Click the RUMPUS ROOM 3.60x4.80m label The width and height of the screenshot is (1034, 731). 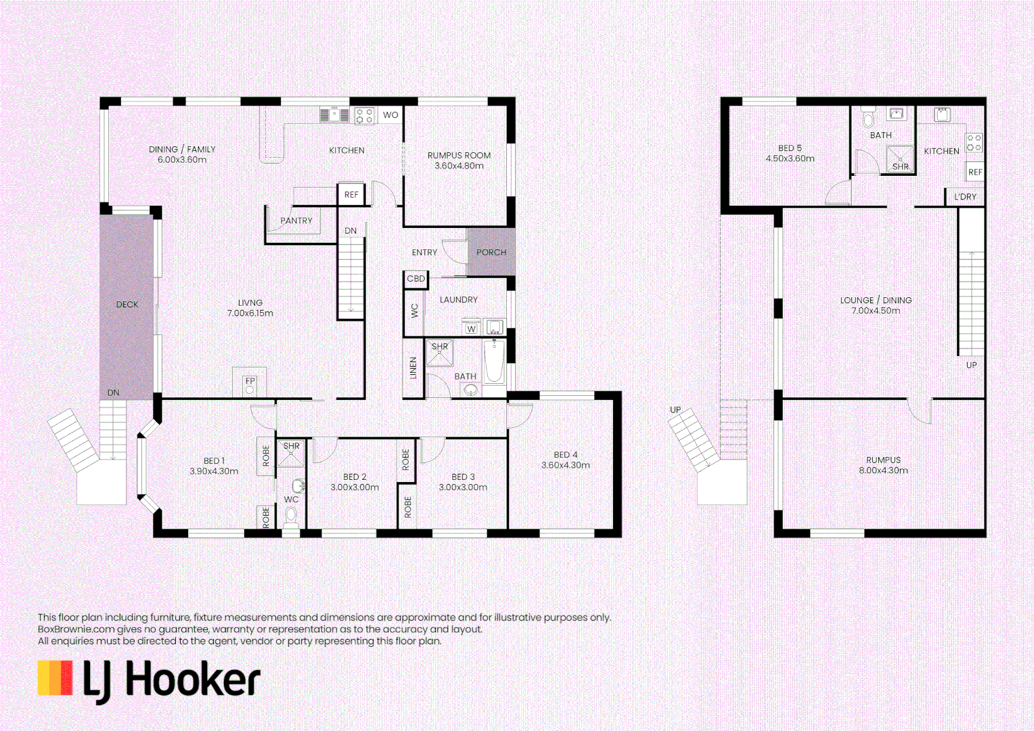(x=459, y=160)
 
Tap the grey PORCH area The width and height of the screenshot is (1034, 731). (x=491, y=252)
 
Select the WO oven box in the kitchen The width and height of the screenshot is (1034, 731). (x=390, y=115)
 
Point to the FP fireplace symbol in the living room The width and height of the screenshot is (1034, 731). (x=250, y=384)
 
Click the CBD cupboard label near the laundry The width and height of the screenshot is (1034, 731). (x=416, y=279)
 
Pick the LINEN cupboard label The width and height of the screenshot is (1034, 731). (x=413, y=368)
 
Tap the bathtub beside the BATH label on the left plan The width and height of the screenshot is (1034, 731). (x=494, y=361)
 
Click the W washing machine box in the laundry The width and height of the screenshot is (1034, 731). (x=472, y=329)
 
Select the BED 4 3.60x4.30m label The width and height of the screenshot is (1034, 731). (x=565, y=460)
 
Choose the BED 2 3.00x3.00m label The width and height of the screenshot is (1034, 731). (x=355, y=482)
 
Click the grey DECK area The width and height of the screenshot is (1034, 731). (x=127, y=305)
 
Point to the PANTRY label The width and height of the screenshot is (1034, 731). (x=296, y=221)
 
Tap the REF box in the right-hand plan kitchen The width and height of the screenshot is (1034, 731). (x=974, y=172)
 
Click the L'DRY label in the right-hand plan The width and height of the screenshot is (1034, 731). (x=965, y=197)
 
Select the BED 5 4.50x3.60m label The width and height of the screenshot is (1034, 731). (x=790, y=153)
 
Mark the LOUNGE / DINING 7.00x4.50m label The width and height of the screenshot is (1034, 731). (x=876, y=305)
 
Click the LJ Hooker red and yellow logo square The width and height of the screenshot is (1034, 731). (x=55, y=678)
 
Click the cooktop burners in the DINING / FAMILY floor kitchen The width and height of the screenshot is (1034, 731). (x=364, y=116)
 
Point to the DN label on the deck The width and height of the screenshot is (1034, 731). (x=113, y=393)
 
